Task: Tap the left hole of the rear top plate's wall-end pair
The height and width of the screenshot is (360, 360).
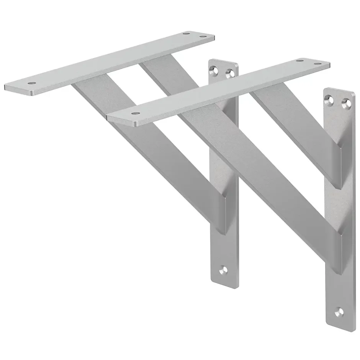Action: (187, 34)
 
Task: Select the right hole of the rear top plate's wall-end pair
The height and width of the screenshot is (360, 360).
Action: (203, 38)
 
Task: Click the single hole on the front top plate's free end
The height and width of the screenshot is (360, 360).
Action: (134, 113)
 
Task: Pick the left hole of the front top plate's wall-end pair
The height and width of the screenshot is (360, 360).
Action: (299, 60)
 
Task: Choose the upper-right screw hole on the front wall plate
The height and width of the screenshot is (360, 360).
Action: (346, 103)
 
